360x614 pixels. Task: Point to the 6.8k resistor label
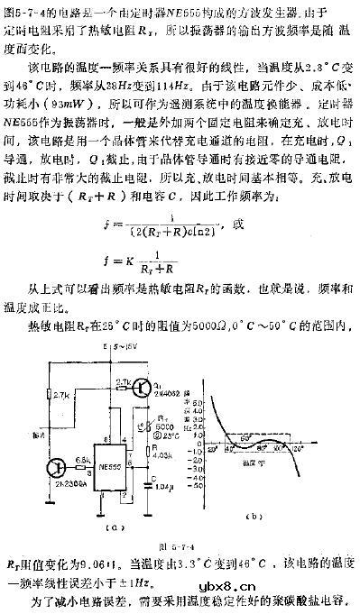(x=81, y=457)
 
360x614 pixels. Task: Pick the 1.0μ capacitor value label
(x=162, y=492)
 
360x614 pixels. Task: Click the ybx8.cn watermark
(x=312, y=584)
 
